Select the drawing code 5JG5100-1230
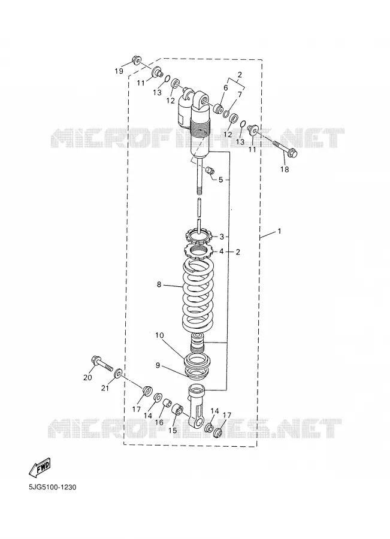pyautogui.click(x=53, y=487)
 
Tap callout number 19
pyautogui.click(x=119, y=71)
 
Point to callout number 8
pyautogui.click(x=159, y=284)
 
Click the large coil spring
pyautogui.click(x=199, y=293)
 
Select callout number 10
pyautogui.click(x=159, y=335)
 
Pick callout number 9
pyautogui.click(x=158, y=365)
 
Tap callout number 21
pyautogui.click(x=105, y=388)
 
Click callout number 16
pyautogui.click(x=159, y=422)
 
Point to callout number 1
pyautogui.click(x=279, y=231)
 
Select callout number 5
pyautogui.click(x=220, y=180)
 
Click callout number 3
pyautogui.click(x=222, y=237)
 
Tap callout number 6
pyautogui.click(x=226, y=88)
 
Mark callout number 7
pyautogui.click(x=240, y=94)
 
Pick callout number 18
pyautogui.click(x=285, y=169)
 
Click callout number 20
pyautogui.click(x=87, y=377)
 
